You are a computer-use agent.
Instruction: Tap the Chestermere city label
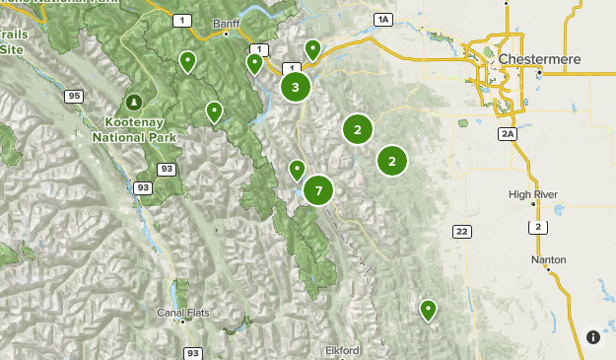point(539,59)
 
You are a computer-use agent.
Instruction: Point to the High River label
point(533,194)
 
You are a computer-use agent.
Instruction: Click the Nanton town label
point(548,259)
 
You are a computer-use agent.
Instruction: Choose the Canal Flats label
point(183,313)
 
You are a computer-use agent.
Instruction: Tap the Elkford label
point(342,349)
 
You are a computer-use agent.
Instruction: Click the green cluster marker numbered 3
point(296,88)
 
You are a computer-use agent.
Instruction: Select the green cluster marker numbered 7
point(318,190)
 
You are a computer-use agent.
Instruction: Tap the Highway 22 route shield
point(461,231)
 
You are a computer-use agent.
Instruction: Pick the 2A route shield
point(508,133)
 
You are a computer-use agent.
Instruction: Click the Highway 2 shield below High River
point(537,227)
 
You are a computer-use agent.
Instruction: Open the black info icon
point(593,336)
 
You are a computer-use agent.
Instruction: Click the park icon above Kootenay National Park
point(135,102)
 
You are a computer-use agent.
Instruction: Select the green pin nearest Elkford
point(428,310)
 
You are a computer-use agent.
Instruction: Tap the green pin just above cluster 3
point(312,48)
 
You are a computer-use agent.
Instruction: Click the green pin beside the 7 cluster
point(297,171)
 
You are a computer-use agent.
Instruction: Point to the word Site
point(12,48)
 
